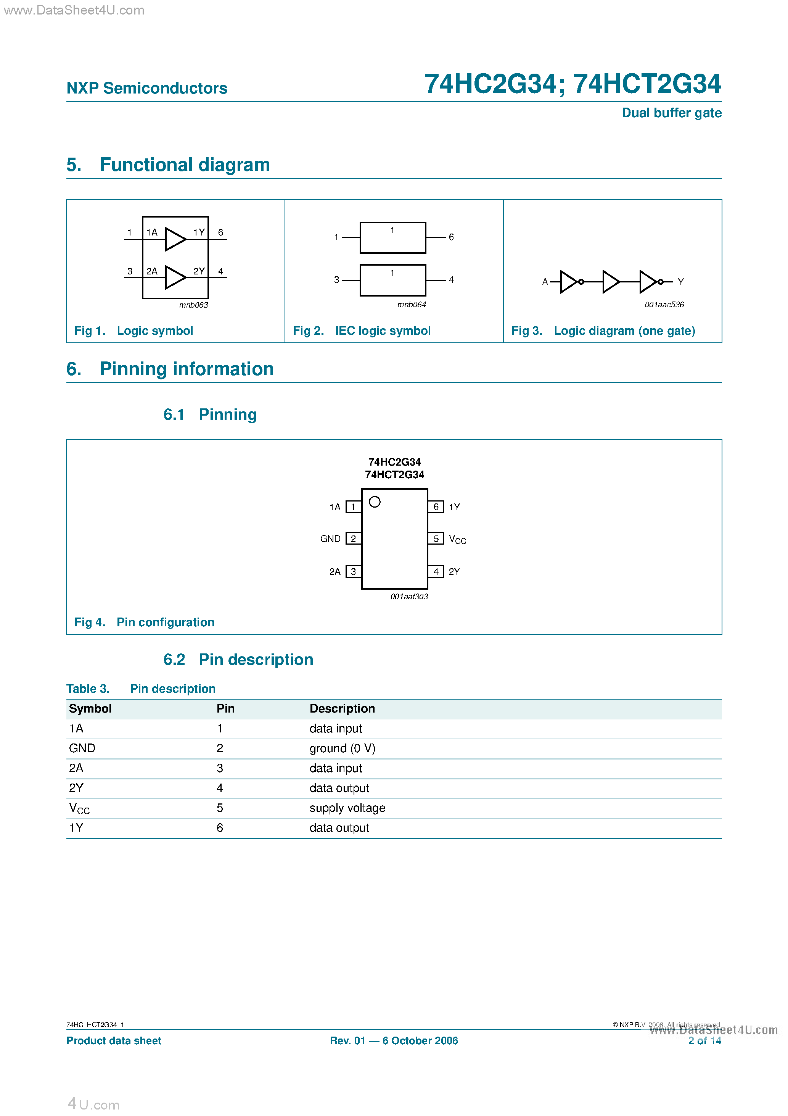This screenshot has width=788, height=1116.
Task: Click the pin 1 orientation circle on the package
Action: (375, 502)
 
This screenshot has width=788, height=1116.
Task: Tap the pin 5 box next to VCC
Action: (436, 539)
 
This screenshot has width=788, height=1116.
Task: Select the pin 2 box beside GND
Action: (353, 539)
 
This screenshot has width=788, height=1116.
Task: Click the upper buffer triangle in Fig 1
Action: (174, 239)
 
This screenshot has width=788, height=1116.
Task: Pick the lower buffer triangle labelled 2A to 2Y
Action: (174, 277)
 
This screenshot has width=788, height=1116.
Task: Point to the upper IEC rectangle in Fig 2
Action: (392, 238)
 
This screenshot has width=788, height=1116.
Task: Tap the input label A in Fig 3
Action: (545, 282)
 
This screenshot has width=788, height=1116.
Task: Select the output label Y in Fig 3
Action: (681, 282)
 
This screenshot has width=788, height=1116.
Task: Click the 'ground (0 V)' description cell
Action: (343, 748)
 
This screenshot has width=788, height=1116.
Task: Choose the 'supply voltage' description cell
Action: (347, 808)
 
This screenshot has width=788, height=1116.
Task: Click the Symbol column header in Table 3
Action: (90, 709)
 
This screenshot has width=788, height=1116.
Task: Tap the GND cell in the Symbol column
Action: (82, 748)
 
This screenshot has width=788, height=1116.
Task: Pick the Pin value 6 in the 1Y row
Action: (220, 828)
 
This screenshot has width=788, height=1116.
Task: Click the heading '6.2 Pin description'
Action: (238, 660)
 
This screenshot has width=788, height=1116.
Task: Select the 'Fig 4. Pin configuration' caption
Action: (144, 622)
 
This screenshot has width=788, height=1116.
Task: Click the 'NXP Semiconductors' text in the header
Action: (147, 88)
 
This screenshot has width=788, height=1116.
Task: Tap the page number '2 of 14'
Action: (704, 1041)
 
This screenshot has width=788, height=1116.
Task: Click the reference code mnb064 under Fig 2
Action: (412, 305)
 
